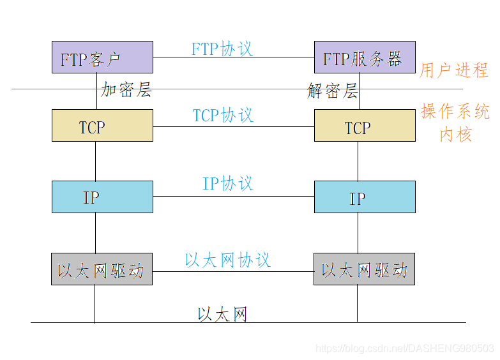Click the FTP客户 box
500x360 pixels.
tap(102, 57)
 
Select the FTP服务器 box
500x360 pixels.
tap(365, 57)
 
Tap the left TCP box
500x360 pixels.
tap(102, 125)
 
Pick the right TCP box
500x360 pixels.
tap(365, 125)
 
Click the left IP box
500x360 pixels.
tap(102, 197)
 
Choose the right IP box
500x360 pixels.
tap(365, 197)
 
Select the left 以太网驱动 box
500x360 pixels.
tap(102, 269)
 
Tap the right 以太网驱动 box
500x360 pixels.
tap(364, 269)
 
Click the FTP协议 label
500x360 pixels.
tap(222, 49)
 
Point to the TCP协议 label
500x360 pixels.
tap(223, 115)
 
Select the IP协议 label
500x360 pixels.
tap(228, 183)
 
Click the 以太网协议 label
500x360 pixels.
tap(228, 260)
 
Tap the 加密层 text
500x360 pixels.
tap(126, 90)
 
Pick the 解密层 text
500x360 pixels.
tap(332, 91)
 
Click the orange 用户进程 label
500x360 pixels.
tap(453, 70)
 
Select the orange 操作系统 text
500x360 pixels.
tap(455, 112)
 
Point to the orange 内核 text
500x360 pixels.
tap(455, 134)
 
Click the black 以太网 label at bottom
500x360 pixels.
tap(222, 314)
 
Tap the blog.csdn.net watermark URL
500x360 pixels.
tap(405, 349)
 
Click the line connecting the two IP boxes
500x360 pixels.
tap(233, 197)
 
